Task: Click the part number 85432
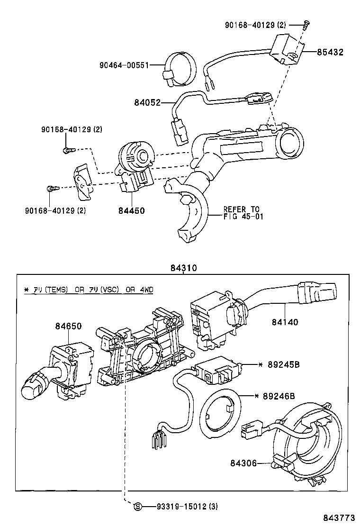coord(330,52)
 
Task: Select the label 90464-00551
coord(124,65)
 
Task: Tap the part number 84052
coord(147,102)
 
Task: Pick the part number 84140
coord(285,322)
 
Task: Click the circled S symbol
coord(138,507)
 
